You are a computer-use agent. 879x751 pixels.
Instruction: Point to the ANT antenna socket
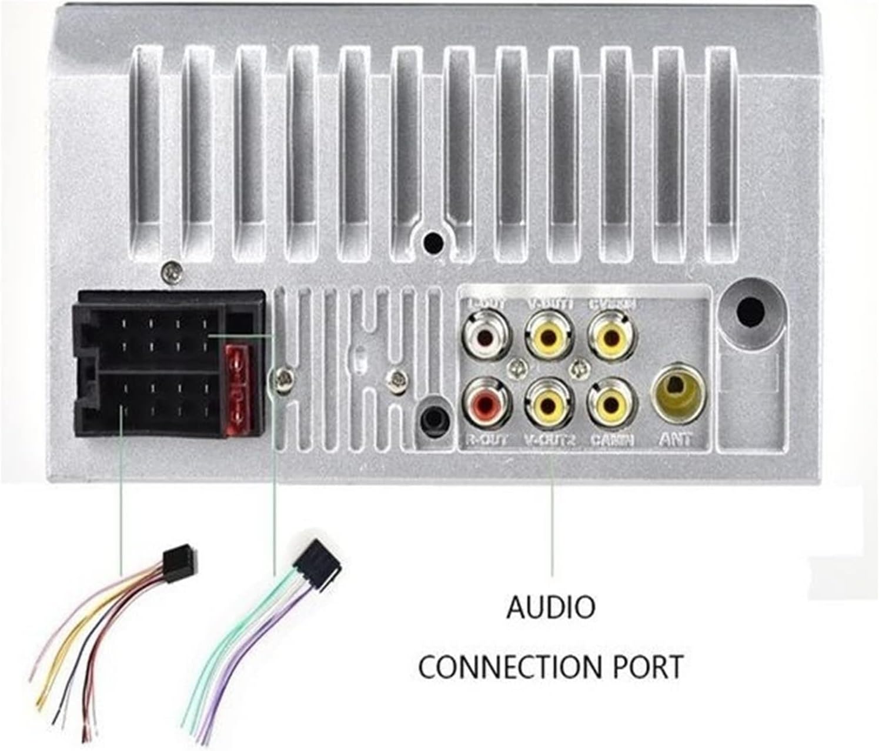(677, 391)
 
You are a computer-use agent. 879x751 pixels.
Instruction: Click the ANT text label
(676, 439)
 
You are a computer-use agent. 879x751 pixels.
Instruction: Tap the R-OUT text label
(486, 439)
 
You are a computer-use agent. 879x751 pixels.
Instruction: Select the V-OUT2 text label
(549, 439)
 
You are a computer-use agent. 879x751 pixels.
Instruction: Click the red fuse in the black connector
(239, 392)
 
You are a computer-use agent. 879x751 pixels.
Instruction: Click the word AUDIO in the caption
(551, 608)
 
